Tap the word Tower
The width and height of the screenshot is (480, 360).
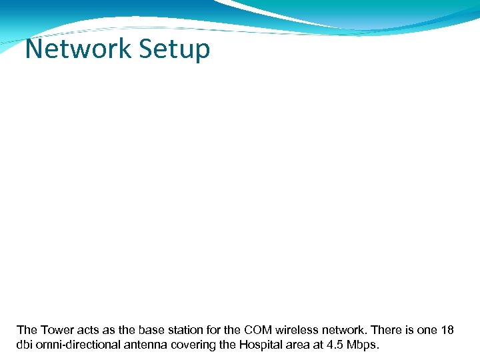[57, 329]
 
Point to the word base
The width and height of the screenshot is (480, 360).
[153, 329]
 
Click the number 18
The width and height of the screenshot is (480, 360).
[448, 329]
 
